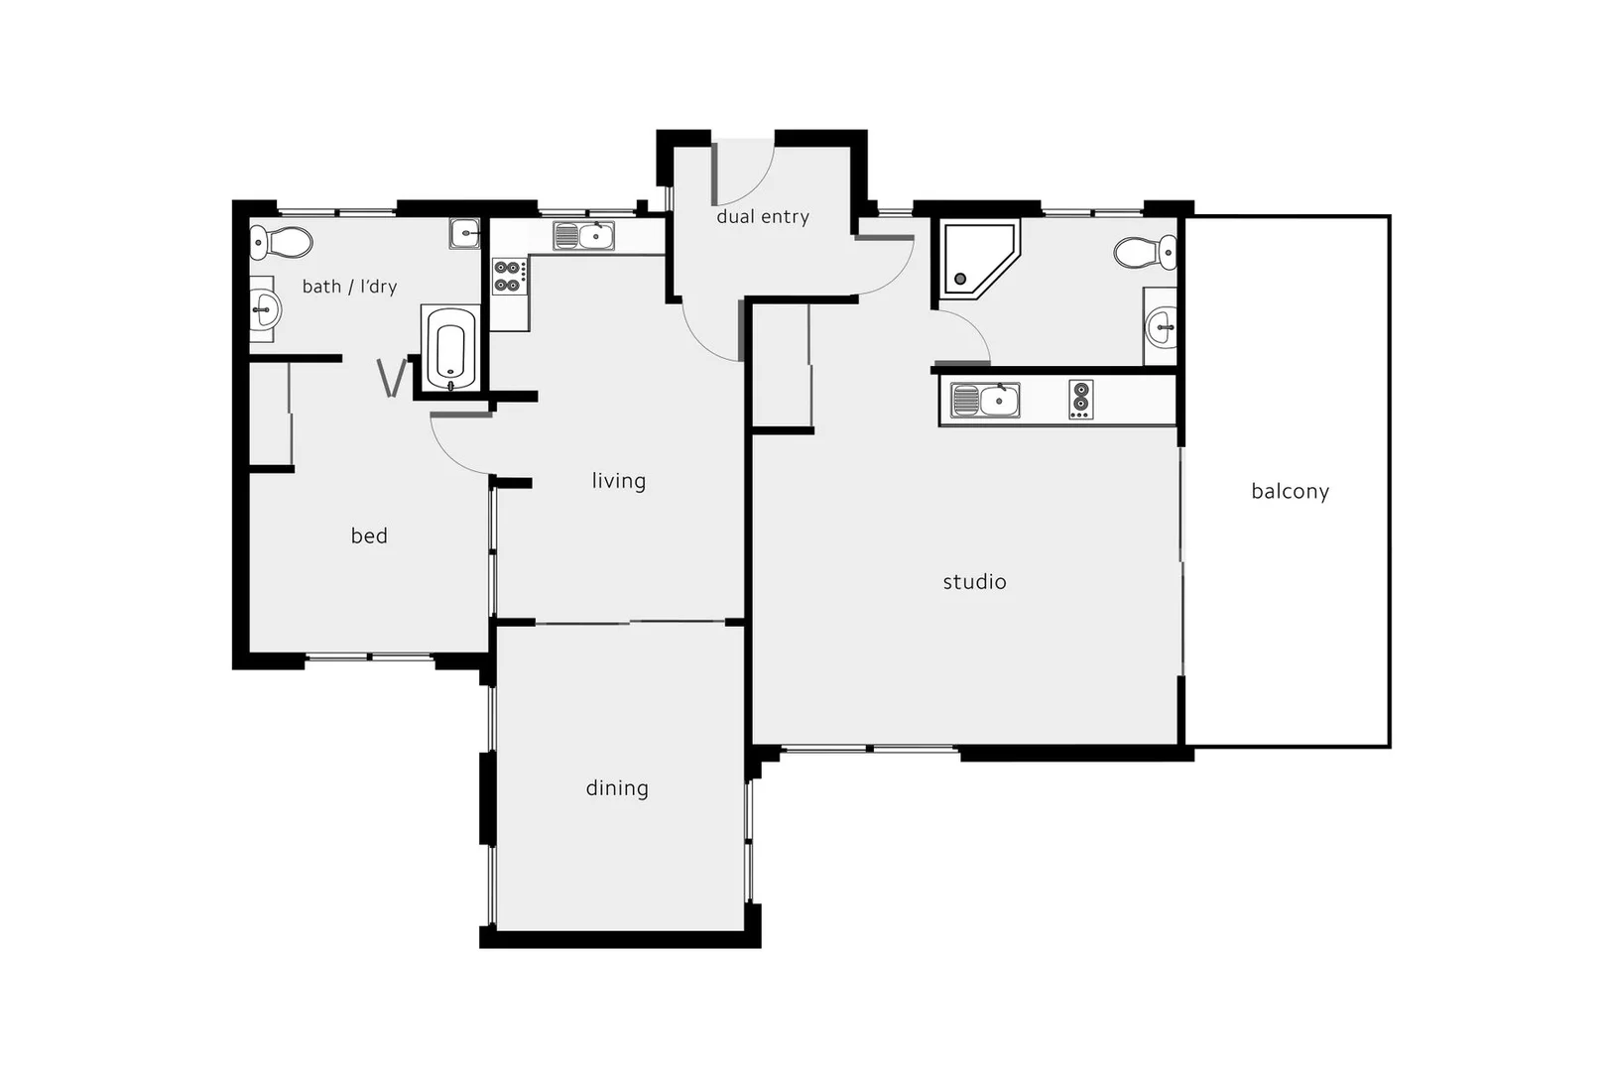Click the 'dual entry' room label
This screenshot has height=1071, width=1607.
pyautogui.click(x=763, y=217)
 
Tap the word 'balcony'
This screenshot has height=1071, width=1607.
pyautogui.click(x=1290, y=491)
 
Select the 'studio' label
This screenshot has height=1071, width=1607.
pyautogui.click(x=974, y=582)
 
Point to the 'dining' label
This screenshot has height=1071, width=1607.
pyautogui.click(x=617, y=788)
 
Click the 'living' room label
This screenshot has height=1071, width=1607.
pyautogui.click(x=619, y=481)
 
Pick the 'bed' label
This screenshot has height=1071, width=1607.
pyautogui.click(x=369, y=536)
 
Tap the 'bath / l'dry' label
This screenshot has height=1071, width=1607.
pyautogui.click(x=349, y=287)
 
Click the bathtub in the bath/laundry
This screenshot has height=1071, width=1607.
pyautogui.click(x=450, y=348)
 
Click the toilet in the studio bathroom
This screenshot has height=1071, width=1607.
pyautogui.click(x=1145, y=252)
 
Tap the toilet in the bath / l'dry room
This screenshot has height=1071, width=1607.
pyautogui.click(x=281, y=242)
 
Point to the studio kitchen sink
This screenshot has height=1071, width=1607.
pyautogui.click(x=985, y=401)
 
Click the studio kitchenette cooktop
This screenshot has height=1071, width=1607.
pyautogui.click(x=1081, y=400)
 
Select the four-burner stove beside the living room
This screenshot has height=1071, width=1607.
pyautogui.click(x=510, y=277)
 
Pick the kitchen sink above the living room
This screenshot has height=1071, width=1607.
pyautogui.click(x=583, y=236)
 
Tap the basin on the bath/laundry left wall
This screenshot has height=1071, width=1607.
pyautogui.click(x=263, y=309)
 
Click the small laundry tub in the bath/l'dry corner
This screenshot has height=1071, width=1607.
pyautogui.click(x=464, y=233)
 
